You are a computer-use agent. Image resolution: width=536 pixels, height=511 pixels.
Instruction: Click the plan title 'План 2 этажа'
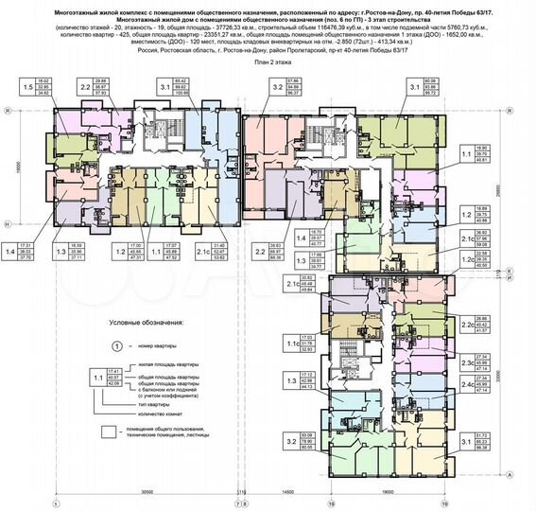pyautogui.click(x=268, y=60)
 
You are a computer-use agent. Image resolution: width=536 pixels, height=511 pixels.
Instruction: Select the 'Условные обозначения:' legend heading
pyautogui.click(x=145, y=323)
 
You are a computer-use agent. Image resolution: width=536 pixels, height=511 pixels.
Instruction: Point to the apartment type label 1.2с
pyautogui.click(x=470, y=258)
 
